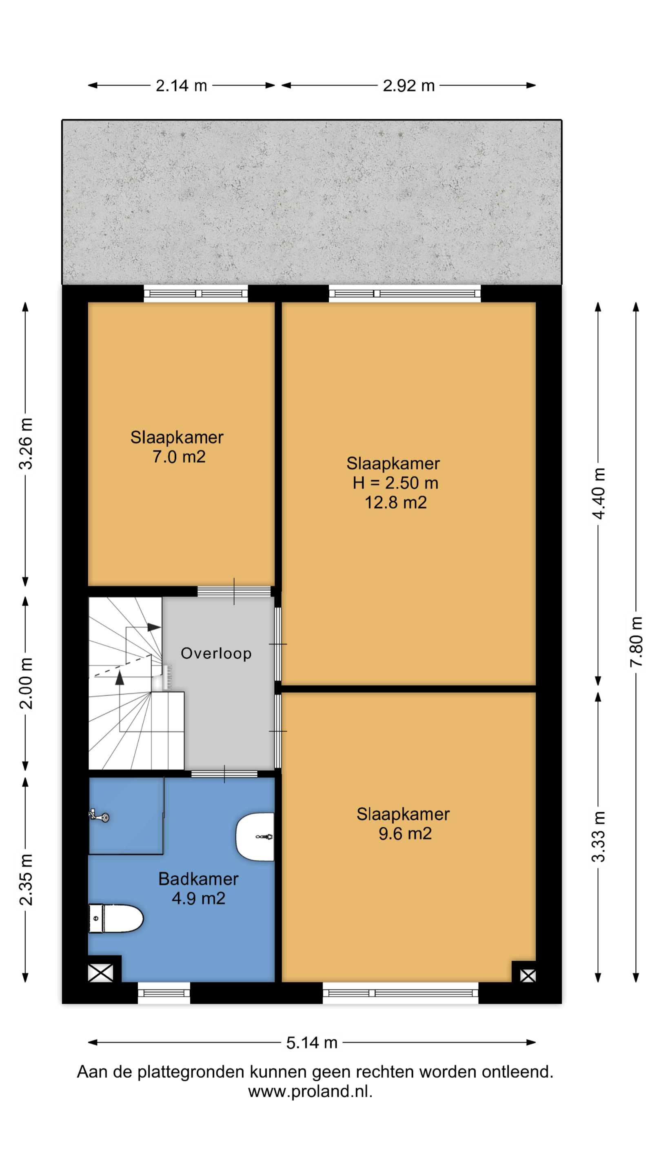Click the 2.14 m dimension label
pos(181,86)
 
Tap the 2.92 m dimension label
pos(408,86)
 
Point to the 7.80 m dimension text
pos(636,641)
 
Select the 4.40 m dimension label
pos(598,494)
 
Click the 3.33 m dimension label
pos(598,836)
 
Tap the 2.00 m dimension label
pos(26,684)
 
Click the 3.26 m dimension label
pos(26,444)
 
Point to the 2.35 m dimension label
pos(26,880)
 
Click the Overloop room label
pos(216,653)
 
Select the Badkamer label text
pos(198,879)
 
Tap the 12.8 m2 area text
pos(395,503)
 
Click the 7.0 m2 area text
pos(179,457)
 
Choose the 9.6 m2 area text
pos(405,833)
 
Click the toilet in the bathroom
pos(116,918)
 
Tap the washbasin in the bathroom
pos(255,837)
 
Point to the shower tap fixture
pos(99,815)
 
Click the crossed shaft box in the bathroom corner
pos(100,973)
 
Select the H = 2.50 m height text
pos(395,483)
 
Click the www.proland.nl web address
pos(310,1091)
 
